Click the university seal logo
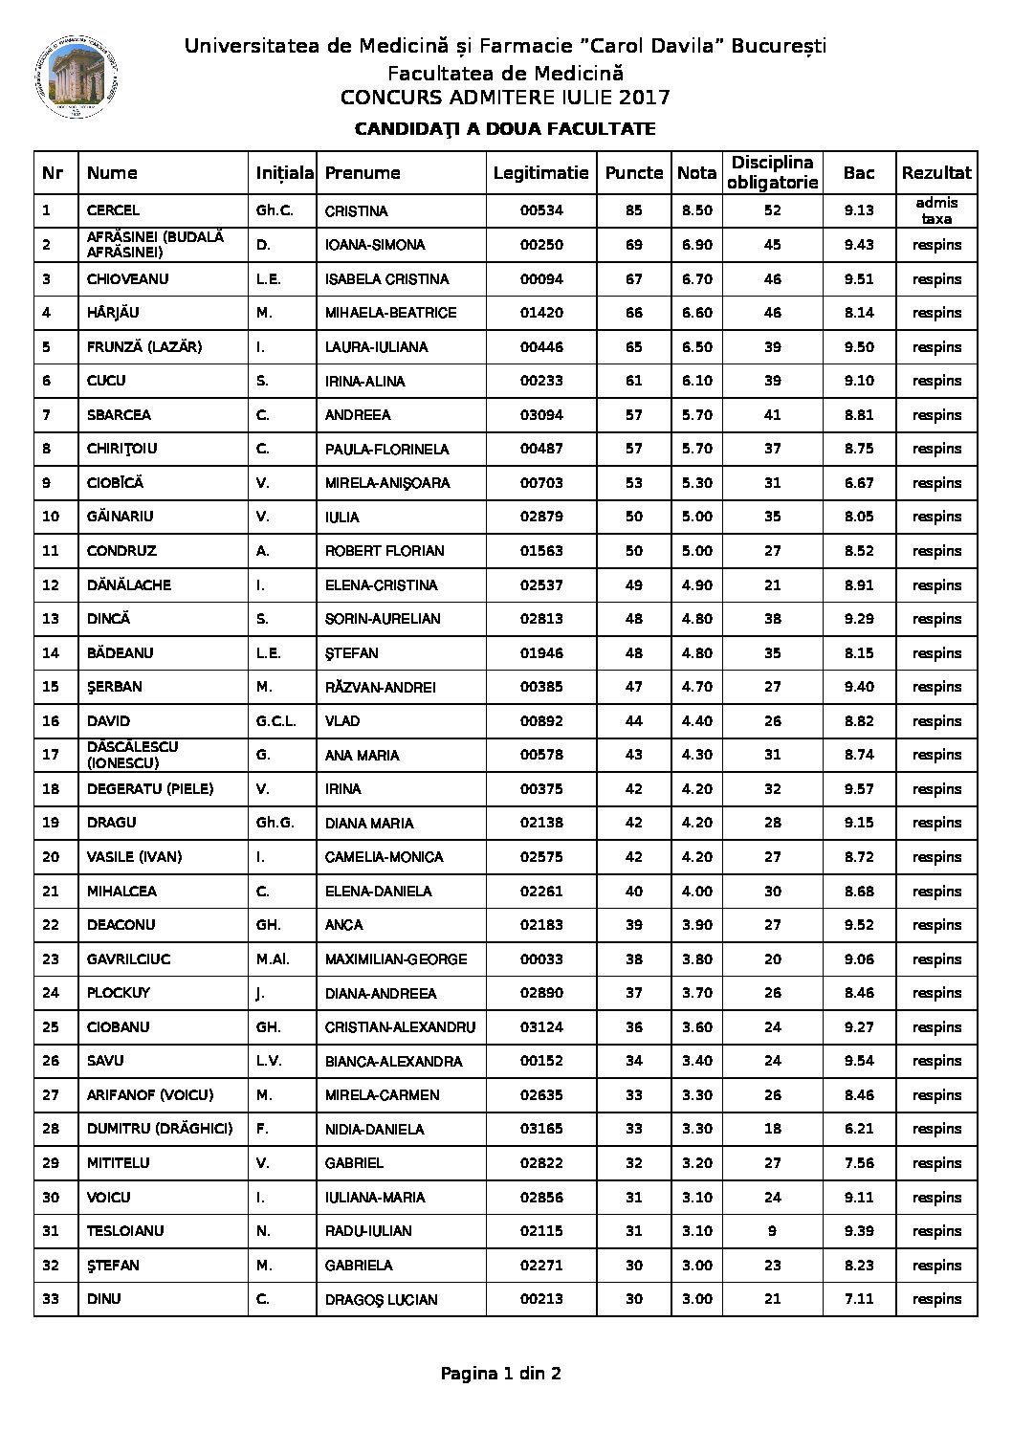(x=75, y=79)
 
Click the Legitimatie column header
(x=540, y=173)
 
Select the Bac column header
(x=859, y=173)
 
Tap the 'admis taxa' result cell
(x=936, y=210)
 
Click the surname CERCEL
(x=113, y=210)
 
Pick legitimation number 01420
(x=541, y=313)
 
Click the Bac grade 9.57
(x=859, y=789)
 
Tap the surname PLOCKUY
(x=119, y=993)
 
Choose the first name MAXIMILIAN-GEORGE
(x=396, y=959)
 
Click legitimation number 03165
(x=541, y=1129)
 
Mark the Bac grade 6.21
(x=859, y=1129)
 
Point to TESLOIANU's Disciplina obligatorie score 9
(x=772, y=1231)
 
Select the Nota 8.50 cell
(x=696, y=210)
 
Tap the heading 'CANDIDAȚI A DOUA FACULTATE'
(x=505, y=129)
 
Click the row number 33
(x=52, y=1299)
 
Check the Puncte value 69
(x=633, y=245)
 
